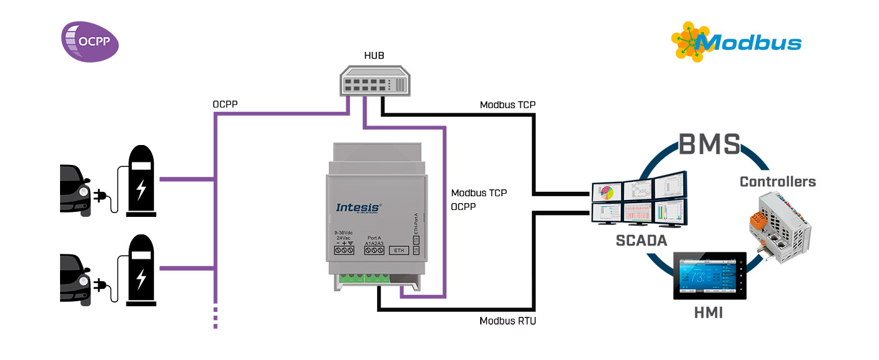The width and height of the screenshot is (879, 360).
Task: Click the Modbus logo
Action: (736, 41)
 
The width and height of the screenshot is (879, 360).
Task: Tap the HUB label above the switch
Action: (374, 56)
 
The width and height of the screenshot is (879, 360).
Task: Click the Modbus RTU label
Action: (508, 321)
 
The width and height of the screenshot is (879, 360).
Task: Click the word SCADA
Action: (641, 240)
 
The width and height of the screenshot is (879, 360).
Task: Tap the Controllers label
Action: (777, 182)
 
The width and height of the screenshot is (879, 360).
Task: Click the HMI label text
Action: (708, 312)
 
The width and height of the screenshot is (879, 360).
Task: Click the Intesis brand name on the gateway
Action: (359, 207)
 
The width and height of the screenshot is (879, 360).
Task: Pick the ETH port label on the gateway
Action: (398, 251)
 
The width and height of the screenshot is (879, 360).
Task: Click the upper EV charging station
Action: (142, 181)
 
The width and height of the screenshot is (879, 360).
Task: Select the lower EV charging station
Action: (142, 270)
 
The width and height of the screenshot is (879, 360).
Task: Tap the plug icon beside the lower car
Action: (100, 285)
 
